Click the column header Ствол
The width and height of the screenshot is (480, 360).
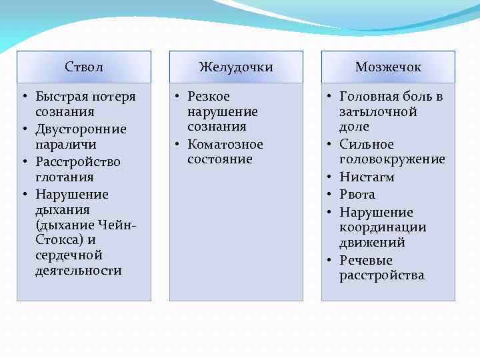pos(84,67)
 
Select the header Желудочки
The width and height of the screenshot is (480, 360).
pos(236,67)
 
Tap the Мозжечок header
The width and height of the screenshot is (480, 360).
pos(388,67)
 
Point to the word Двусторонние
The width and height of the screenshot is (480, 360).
pos(81,129)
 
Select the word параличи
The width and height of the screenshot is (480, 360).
pos(66,144)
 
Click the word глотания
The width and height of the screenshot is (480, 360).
pos(65,177)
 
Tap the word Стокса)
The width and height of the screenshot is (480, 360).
pos(59,240)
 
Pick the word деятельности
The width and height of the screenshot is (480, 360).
pos(79,271)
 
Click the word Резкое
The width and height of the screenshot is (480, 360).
pos(209,97)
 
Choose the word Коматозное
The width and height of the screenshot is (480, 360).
pos(225,144)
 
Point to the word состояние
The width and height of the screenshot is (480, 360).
pos(220,159)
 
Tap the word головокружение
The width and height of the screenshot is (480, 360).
pos(392,159)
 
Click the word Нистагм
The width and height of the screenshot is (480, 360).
pos(367,177)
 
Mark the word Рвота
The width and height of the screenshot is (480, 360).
pos(357,195)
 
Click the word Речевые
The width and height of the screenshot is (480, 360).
pos(366,261)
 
